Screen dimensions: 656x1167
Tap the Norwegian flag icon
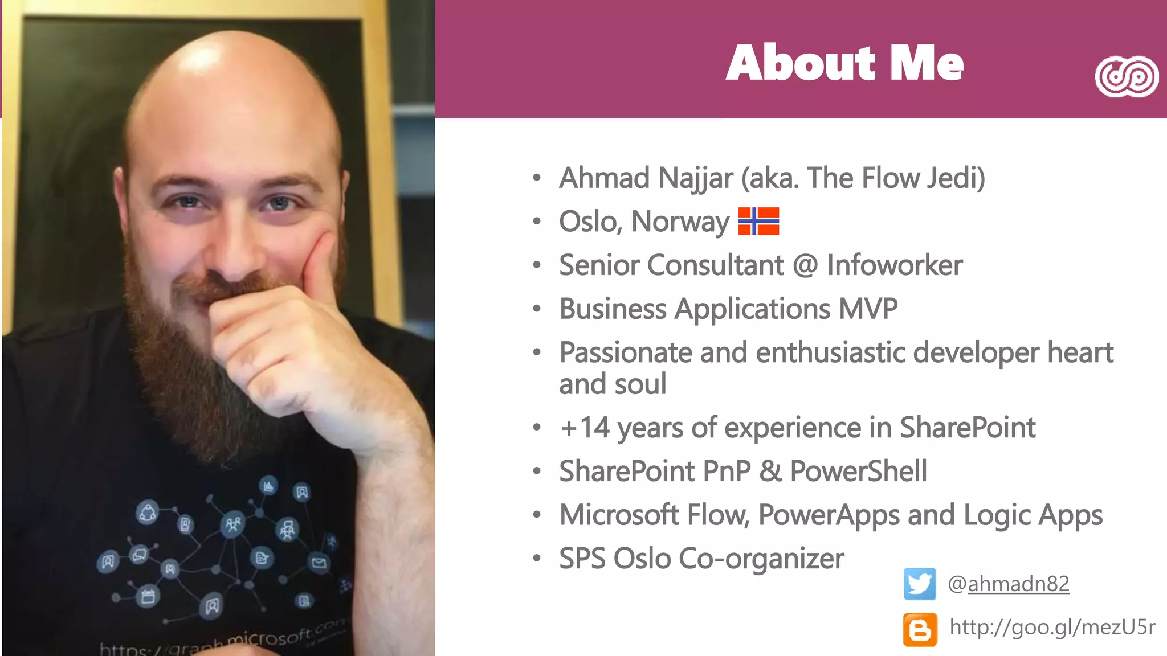(758, 221)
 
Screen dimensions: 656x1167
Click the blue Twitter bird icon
(919, 584)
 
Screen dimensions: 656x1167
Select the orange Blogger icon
(920, 629)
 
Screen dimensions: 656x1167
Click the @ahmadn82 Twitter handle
(1008, 584)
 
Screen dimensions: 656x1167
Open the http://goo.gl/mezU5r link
(1052, 627)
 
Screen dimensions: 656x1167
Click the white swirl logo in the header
(1126, 76)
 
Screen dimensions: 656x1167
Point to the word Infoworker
(894, 265)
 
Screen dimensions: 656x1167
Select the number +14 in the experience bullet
(585, 428)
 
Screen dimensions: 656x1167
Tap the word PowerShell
(858, 471)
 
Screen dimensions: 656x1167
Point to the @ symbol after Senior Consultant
(805, 265)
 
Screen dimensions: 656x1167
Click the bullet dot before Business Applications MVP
(536, 309)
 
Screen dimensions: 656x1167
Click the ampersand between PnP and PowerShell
(770, 471)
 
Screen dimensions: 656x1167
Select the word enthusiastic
(830, 352)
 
